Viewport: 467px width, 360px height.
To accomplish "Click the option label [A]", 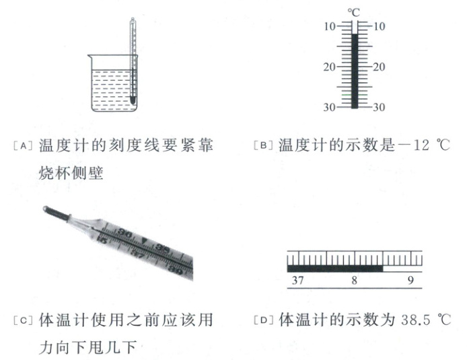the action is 23,146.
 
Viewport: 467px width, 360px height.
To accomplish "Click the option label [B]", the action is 263,145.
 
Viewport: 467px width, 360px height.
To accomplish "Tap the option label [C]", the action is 23,320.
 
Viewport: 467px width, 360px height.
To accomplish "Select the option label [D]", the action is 263,320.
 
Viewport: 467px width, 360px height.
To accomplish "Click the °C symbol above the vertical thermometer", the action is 353,13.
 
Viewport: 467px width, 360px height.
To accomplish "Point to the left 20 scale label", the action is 330,67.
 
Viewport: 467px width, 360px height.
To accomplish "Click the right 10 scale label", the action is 379,26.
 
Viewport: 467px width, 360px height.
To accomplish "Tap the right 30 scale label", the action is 379,107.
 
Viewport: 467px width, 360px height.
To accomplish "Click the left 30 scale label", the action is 330,107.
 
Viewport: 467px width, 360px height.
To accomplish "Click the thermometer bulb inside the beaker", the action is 133,100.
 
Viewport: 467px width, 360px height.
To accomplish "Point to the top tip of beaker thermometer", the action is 133,18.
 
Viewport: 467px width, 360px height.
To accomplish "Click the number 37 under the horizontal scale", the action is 298,280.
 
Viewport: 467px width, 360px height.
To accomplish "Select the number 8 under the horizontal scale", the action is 354,280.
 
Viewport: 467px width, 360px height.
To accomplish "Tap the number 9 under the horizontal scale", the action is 410,280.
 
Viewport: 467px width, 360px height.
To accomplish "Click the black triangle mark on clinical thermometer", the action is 145,240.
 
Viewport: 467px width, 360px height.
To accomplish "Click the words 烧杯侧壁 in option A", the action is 71,174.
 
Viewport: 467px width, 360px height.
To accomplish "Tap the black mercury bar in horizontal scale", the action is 334,268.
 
